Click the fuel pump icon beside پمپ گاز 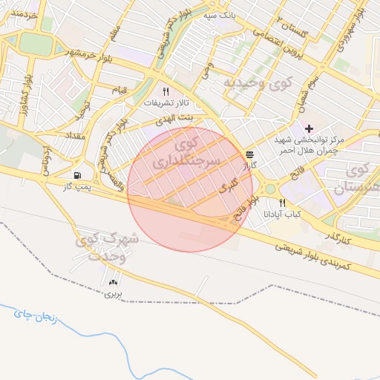click(x=77, y=175)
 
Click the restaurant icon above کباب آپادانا click(x=282, y=203)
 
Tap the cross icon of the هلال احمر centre click(x=309, y=128)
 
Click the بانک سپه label click(x=220, y=14)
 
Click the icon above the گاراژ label click(x=249, y=154)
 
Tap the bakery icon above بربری click(x=113, y=282)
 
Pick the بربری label click(x=111, y=295)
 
